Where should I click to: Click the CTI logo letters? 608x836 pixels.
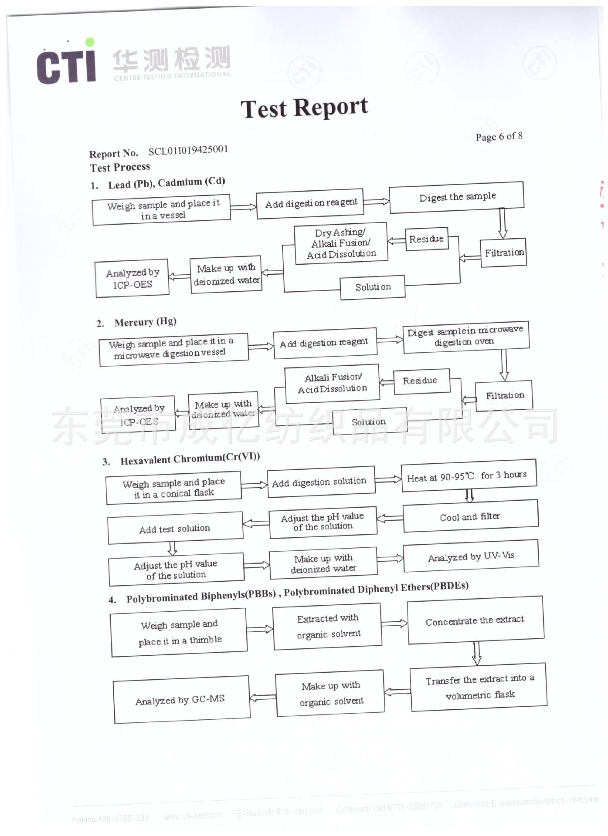[66, 65]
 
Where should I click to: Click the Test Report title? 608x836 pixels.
[304, 108]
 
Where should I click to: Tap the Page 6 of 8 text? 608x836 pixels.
[499, 137]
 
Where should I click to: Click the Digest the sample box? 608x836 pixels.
[456, 197]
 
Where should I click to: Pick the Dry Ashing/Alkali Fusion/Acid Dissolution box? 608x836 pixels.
[341, 243]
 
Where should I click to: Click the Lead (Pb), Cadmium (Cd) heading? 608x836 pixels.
[166, 183]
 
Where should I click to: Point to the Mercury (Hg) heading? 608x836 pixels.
[145, 322]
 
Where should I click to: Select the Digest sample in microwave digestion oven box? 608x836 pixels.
[465, 336]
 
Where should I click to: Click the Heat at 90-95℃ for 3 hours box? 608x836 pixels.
[468, 476]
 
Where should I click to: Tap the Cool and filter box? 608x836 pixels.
[470, 516]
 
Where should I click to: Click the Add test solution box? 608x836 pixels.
[174, 529]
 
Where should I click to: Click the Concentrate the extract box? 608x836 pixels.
[475, 620]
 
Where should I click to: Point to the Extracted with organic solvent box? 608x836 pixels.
[328, 626]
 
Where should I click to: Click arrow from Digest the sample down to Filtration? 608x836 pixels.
[502, 223]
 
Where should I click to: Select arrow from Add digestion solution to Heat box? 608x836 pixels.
[388, 480]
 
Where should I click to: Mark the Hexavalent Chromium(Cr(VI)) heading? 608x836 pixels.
[190, 459]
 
